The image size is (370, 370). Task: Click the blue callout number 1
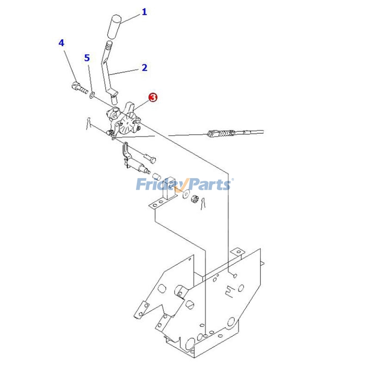click(144, 12)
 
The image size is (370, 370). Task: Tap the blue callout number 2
click(144, 68)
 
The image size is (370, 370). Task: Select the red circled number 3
click(153, 97)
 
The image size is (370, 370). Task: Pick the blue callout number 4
click(62, 43)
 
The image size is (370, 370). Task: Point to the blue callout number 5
click(87, 58)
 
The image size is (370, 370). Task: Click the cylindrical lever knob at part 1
click(114, 27)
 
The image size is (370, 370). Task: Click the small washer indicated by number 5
click(92, 95)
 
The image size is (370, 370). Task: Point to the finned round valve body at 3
click(128, 123)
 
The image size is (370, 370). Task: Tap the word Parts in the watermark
click(208, 184)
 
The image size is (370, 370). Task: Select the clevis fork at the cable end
click(213, 134)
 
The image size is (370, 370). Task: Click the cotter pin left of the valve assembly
click(88, 123)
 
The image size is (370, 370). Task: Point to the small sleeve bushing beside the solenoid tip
click(157, 176)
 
